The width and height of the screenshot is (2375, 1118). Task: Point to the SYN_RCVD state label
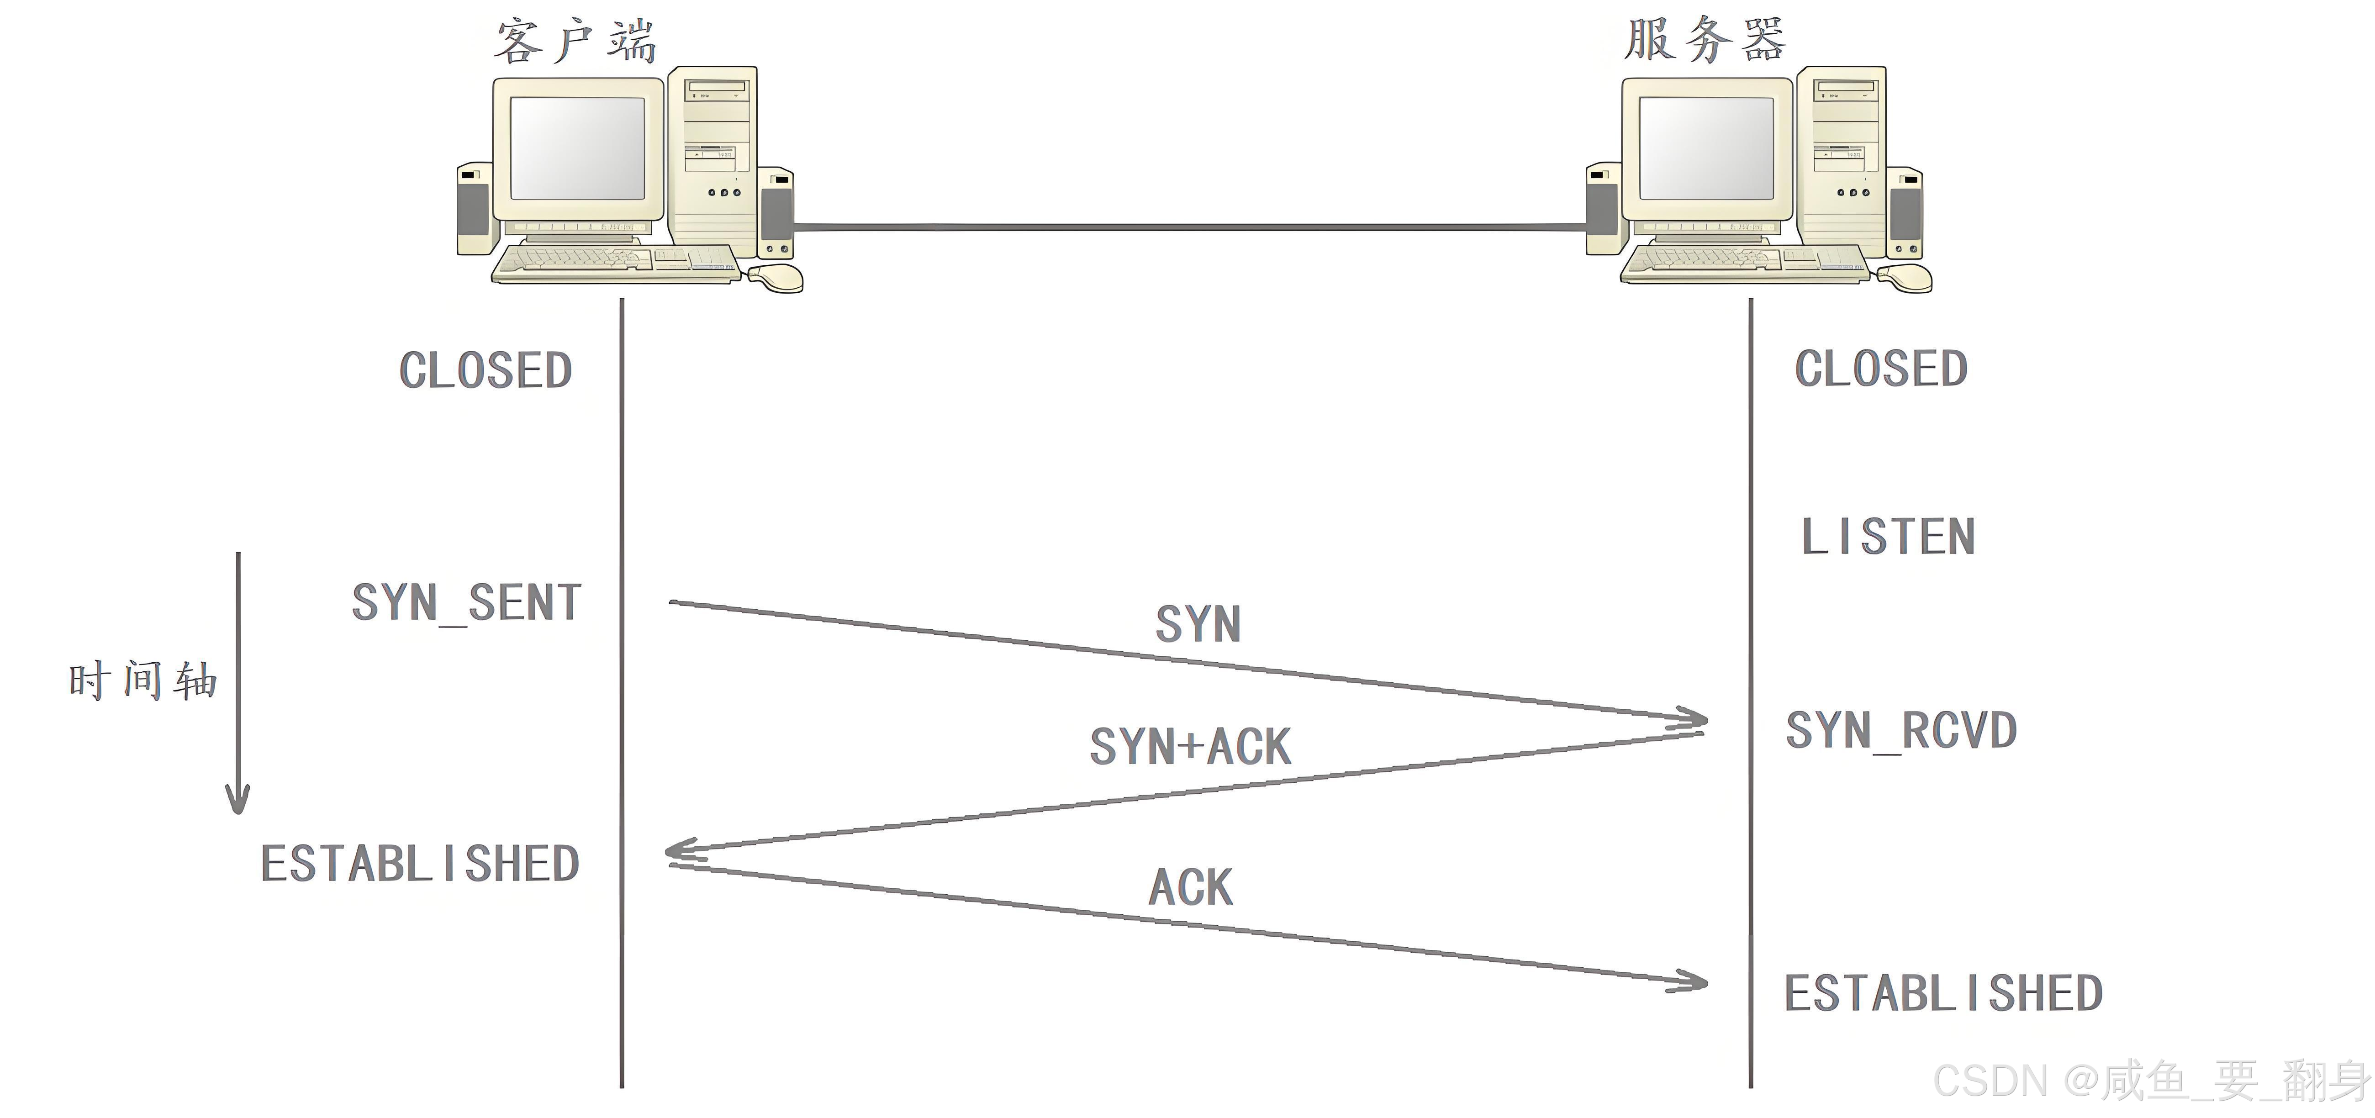point(1901,731)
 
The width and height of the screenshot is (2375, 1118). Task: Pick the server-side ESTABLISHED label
point(1943,994)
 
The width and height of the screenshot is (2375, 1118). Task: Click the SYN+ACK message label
point(1190,747)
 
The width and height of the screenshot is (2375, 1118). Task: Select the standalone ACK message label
point(1190,887)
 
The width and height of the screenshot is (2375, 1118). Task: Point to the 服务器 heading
point(1705,41)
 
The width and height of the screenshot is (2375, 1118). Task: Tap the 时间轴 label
point(143,681)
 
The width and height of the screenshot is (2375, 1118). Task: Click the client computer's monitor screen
point(577,148)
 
